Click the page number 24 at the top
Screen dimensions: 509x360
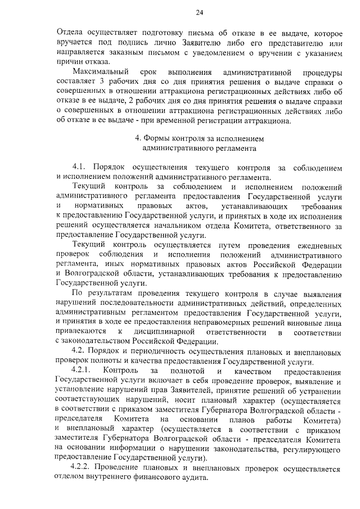(200, 13)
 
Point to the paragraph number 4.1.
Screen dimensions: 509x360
(80, 168)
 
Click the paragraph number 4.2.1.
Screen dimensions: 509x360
(84, 373)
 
